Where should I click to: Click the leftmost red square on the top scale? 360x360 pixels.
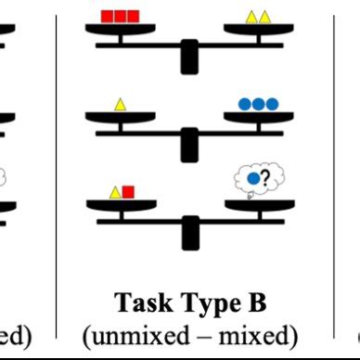point(108,16)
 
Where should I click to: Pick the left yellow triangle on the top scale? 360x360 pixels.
point(251,17)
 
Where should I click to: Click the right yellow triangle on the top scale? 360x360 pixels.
point(264,17)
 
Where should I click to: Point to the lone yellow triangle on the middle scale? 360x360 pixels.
point(120,105)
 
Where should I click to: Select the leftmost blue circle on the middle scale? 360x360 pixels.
point(245,105)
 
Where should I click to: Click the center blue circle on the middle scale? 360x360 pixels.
point(258,105)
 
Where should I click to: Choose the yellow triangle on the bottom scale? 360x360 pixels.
point(115,192)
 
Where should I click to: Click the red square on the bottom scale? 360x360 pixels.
point(128,192)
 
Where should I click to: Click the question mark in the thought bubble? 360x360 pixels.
point(264,179)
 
